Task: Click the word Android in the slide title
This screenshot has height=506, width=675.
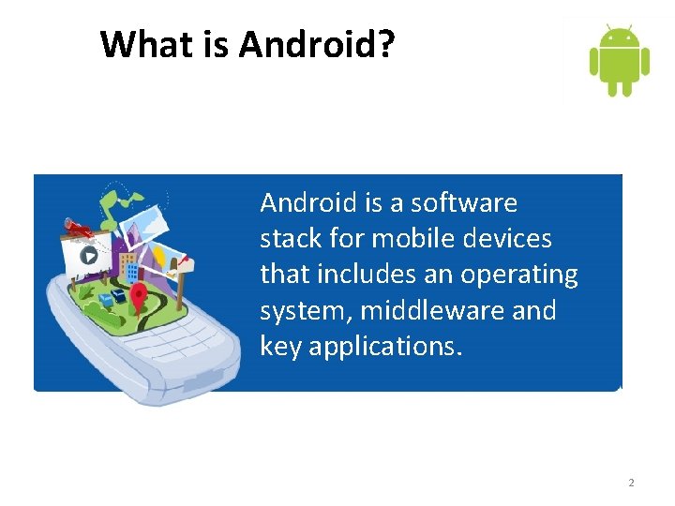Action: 313,44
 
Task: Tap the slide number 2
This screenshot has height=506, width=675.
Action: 631,483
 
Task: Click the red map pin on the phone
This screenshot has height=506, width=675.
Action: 139,298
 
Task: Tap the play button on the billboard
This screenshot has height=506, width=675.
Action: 88,254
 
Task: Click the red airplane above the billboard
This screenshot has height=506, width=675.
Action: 81,228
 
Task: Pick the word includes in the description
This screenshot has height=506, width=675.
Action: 352,275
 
